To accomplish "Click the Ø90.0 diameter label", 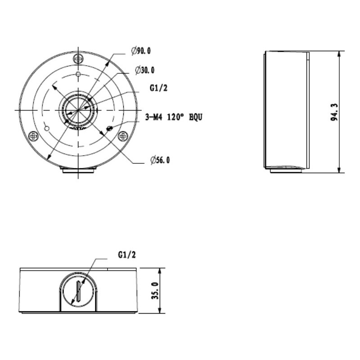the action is (x=141, y=51).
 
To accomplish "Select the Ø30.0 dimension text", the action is (x=144, y=70).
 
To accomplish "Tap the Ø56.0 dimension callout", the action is (x=160, y=160).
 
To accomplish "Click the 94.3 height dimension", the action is (x=334, y=112).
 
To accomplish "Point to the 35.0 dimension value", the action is (x=155, y=291).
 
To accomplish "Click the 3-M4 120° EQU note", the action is (x=174, y=117).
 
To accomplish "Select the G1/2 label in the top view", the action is (x=158, y=88).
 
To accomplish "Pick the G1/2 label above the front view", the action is (x=127, y=255).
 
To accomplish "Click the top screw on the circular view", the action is (x=78, y=59).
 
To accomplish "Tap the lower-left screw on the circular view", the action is (x=33, y=136).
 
